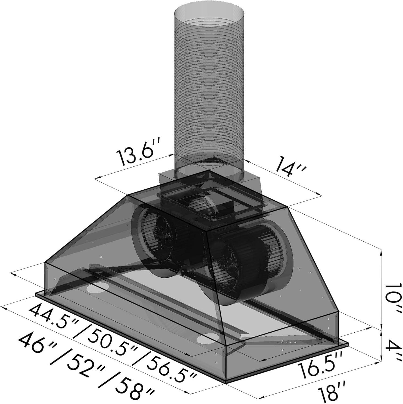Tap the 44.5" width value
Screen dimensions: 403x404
[51, 315]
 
